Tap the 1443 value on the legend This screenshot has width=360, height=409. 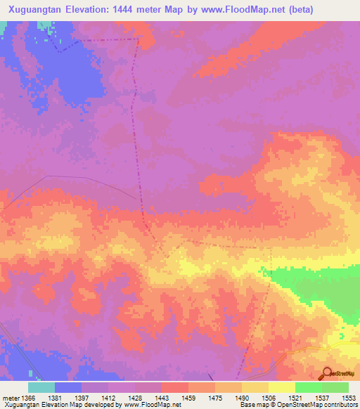(x=169, y=398)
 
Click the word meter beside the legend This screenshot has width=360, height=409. (x=11, y=398)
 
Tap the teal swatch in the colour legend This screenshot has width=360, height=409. (x=41, y=387)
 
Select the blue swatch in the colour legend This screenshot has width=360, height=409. (x=68, y=387)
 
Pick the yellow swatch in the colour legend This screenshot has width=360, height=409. (x=281, y=387)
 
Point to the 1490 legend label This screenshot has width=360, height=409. (x=250, y=398)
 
